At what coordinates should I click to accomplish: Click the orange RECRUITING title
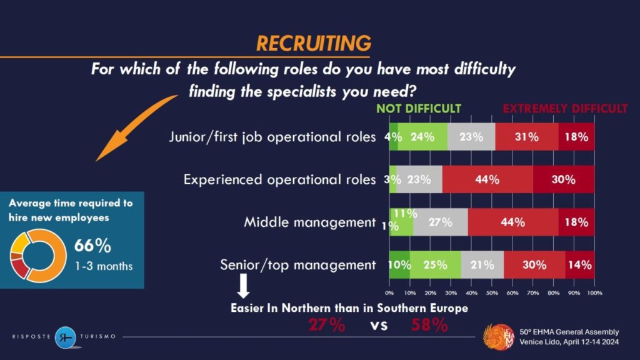click(314, 43)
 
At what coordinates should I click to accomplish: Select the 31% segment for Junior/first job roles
click(527, 137)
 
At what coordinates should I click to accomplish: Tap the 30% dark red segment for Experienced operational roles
click(563, 179)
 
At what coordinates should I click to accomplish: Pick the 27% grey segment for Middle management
click(441, 222)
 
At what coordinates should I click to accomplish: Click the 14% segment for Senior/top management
click(580, 264)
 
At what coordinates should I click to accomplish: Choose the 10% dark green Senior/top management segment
click(399, 264)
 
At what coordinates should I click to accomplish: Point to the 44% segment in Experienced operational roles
click(487, 179)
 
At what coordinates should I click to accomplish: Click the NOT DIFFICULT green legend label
click(418, 109)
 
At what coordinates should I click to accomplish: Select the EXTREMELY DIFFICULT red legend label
click(564, 109)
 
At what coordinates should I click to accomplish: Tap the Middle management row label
click(309, 222)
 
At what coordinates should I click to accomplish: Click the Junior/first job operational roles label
click(272, 137)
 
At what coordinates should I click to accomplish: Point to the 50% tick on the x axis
click(492, 292)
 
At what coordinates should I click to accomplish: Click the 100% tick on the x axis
click(594, 292)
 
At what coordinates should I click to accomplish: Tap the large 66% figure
click(92, 246)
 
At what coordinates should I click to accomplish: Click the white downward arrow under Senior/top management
click(244, 286)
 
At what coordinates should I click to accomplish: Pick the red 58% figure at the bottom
click(429, 325)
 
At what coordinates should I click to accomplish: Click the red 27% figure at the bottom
click(326, 325)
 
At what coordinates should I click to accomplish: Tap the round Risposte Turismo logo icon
click(65, 337)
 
